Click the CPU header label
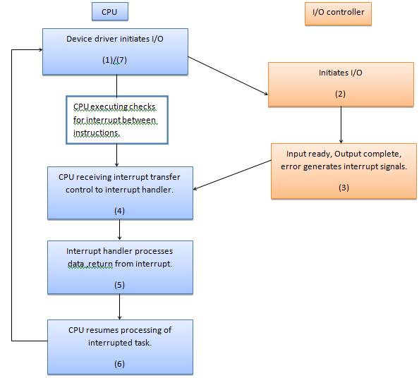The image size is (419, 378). pos(109,11)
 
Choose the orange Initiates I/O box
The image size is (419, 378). pos(341,84)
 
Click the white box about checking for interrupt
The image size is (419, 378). pos(116,118)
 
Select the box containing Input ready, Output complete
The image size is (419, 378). pos(341,171)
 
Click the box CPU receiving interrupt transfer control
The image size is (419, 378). pos(119,192)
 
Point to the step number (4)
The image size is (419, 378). pos(119,210)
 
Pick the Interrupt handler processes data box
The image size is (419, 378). pos(119,267)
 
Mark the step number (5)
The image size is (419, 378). pos(119,285)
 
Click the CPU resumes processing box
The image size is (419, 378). pos(119,346)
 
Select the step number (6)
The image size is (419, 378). pos(119,363)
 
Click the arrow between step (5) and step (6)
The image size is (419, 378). pos(119,306)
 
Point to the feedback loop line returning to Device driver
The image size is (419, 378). pos(13,197)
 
